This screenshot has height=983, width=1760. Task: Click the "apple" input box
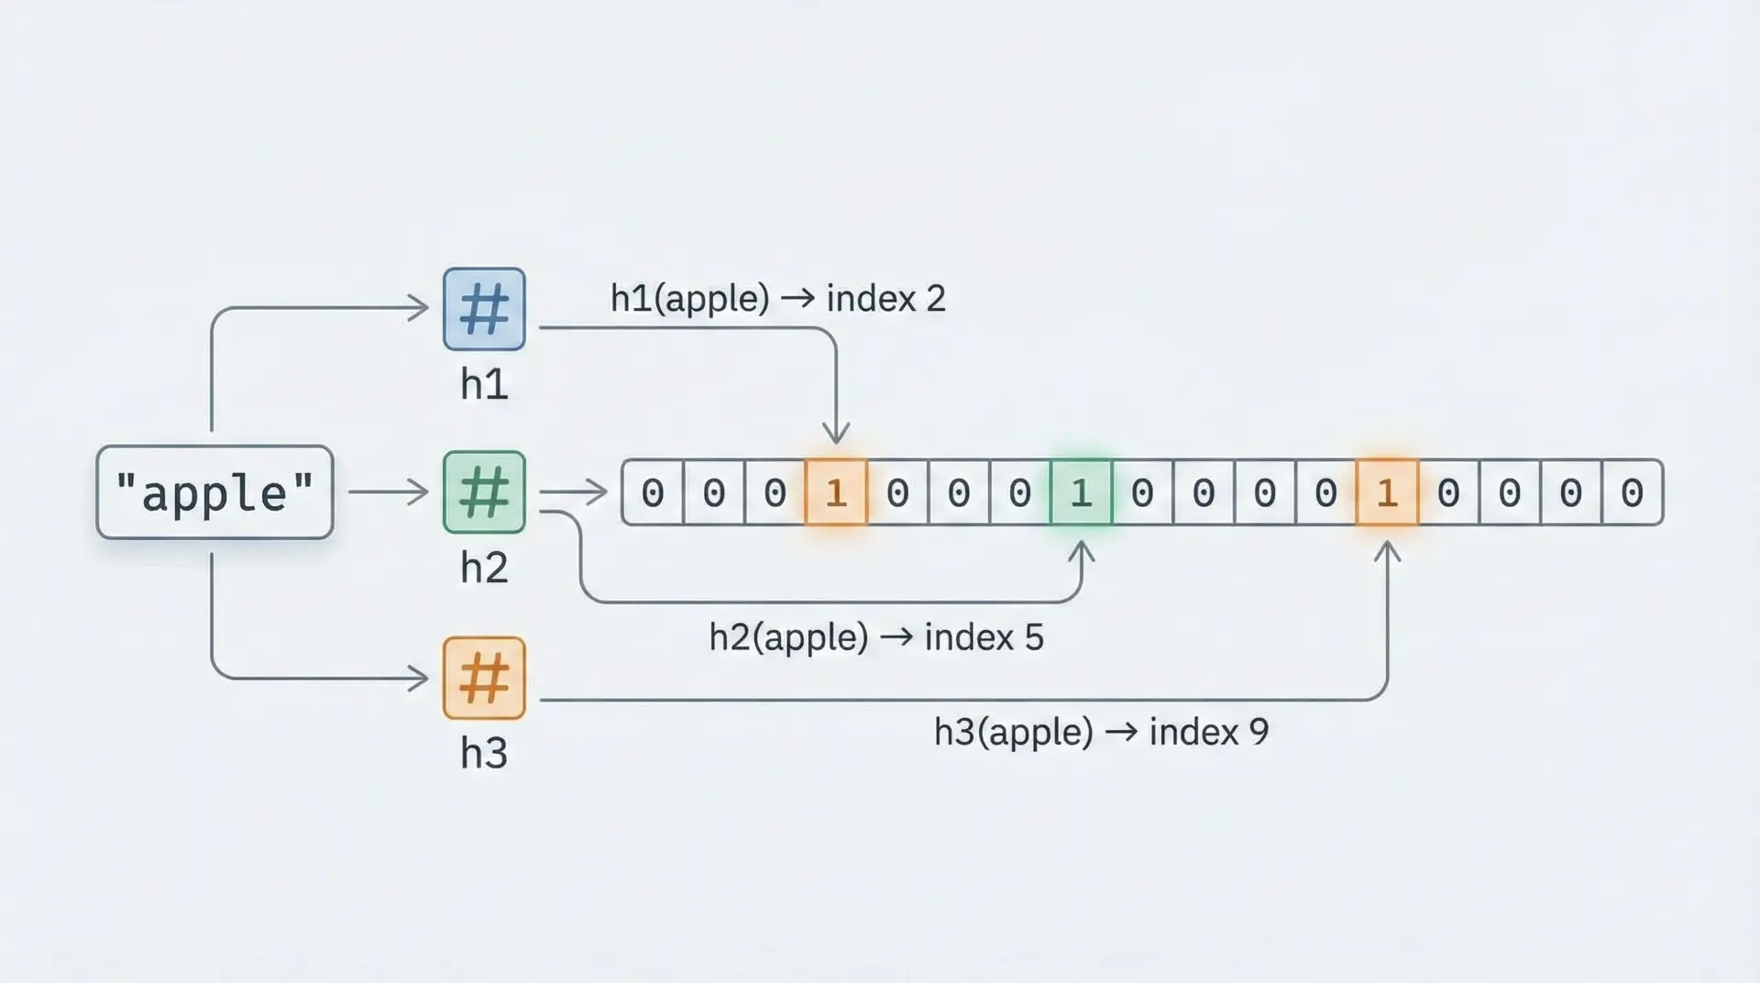pos(214,492)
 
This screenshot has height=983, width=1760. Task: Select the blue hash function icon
pos(484,309)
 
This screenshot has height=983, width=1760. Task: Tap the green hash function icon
pos(484,492)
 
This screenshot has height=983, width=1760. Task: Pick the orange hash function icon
pos(484,679)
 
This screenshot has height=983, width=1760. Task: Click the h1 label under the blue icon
pos(484,384)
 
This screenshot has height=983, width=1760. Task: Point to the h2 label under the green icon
pos(484,568)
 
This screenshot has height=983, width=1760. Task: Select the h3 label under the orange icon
pos(484,753)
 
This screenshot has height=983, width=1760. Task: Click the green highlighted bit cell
pos(1081,492)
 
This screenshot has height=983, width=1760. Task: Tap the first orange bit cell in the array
pos(836,492)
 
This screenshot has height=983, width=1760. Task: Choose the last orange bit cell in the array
pos(1387,492)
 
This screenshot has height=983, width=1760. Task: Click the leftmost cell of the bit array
pos(653,492)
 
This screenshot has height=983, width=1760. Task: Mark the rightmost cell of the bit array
pos(1632,492)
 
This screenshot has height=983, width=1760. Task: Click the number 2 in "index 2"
pos(935,299)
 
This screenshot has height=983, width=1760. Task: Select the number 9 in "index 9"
pos(1259,732)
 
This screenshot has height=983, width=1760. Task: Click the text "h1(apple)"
pos(689,299)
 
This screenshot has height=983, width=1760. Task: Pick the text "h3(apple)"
pos(1014,732)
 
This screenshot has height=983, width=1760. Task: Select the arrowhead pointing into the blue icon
pos(419,307)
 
